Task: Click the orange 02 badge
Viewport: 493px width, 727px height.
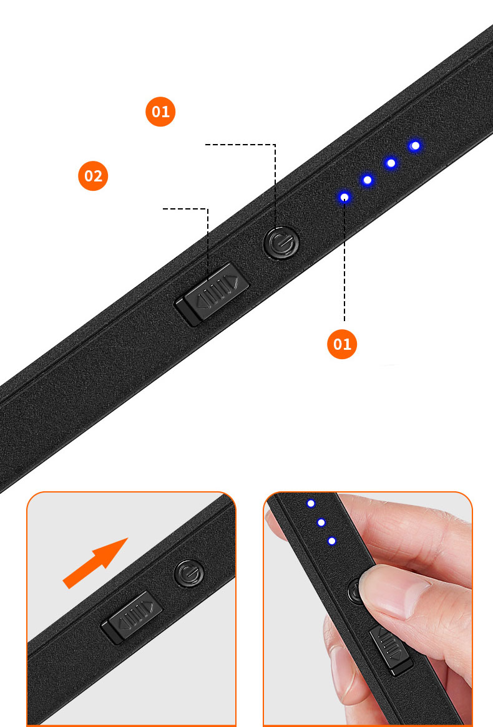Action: pos(93,176)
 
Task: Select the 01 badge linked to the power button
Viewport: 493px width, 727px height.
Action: pos(161,112)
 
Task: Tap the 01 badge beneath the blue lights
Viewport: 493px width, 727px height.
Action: pos(342,344)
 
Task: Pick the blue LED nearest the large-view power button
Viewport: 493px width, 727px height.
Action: pos(344,198)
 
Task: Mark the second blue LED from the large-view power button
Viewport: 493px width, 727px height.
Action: pos(368,180)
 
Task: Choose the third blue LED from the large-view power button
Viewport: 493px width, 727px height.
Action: pos(391,163)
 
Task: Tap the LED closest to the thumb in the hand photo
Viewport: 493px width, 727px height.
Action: pos(332,541)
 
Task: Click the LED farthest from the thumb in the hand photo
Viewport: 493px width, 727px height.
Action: pos(311,503)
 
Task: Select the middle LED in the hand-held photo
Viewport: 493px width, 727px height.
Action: pos(321,522)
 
